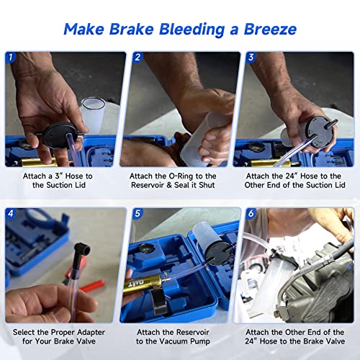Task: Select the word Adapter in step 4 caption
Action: coord(80,332)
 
